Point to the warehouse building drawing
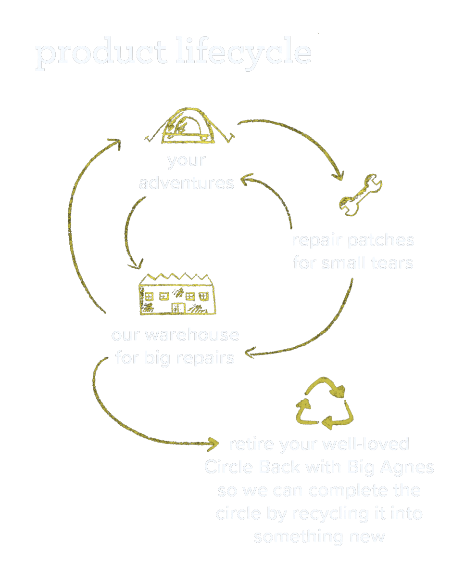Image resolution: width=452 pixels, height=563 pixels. pyautogui.click(x=176, y=295)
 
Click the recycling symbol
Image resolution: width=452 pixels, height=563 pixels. pyautogui.click(x=323, y=405)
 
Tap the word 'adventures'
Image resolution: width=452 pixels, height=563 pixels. pyautogui.click(x=187, y=183)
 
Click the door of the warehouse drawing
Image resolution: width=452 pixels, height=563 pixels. pyautogui.click(x=178, y=307)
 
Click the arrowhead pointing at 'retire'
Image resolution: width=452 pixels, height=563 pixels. pyautogui.click(x=213, y=442)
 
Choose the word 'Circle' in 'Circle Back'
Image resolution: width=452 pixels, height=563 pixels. pyautogui.click(x=229, y=467)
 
